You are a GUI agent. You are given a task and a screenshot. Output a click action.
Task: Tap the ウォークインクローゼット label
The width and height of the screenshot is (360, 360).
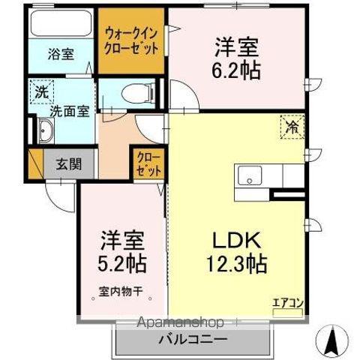click(132, 41)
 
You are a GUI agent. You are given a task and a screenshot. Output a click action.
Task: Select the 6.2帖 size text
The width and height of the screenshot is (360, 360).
click(239, 70)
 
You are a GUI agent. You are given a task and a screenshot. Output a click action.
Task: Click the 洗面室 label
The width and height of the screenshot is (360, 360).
click(69, 111)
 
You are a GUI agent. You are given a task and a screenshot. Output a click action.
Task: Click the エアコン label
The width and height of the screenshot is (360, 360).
click(287, 303)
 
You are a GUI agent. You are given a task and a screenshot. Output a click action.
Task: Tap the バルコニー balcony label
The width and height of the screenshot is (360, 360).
click(191, 339)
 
